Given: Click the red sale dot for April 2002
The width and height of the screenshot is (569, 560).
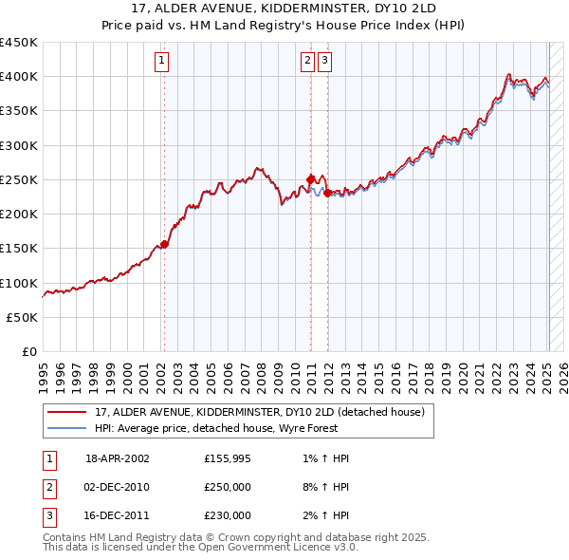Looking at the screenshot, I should coord(164,244).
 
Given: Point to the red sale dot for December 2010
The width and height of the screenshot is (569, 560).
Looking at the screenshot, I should coord(310,178).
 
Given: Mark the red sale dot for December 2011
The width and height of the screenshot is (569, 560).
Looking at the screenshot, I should coord(327,193).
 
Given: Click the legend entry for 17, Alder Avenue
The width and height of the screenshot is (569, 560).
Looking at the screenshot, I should coord(265,412).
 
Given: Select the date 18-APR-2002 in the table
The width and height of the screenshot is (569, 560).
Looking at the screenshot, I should coord(118,458).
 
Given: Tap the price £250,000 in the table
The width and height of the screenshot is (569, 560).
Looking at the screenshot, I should coord(228,487).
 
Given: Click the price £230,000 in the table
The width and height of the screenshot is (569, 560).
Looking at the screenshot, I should coord(228,515).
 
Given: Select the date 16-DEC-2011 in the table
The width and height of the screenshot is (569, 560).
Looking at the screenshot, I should coord(118,515).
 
